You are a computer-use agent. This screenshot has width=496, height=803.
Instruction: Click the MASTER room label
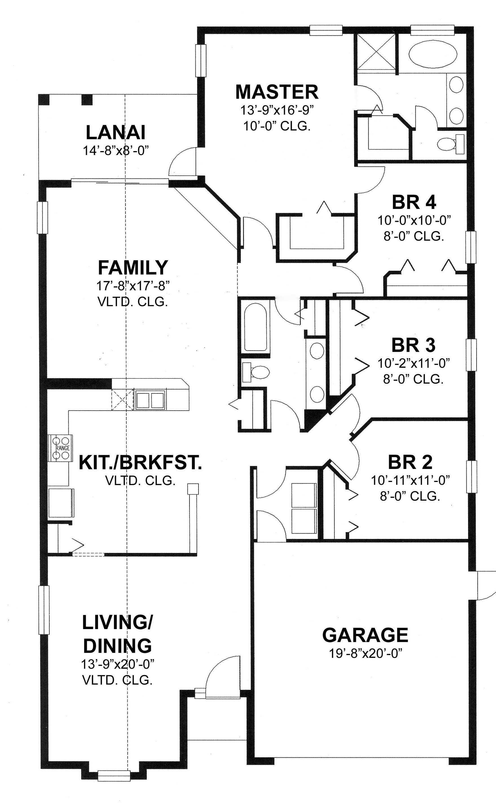point(277,92)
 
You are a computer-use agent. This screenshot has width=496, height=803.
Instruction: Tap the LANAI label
point(116,133)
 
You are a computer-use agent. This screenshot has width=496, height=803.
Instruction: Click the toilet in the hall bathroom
point(257,372)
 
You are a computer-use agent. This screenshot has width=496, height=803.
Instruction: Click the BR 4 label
point(414,202)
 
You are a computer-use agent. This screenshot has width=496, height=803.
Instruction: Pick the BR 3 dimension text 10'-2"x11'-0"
point(413,363)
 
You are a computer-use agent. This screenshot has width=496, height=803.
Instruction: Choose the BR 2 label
point(410,462)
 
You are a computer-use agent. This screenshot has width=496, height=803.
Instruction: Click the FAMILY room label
point(133,267)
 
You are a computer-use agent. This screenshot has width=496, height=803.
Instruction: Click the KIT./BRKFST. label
point(140,463)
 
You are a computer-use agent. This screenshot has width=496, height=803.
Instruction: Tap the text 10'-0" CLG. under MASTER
point(277,126)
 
